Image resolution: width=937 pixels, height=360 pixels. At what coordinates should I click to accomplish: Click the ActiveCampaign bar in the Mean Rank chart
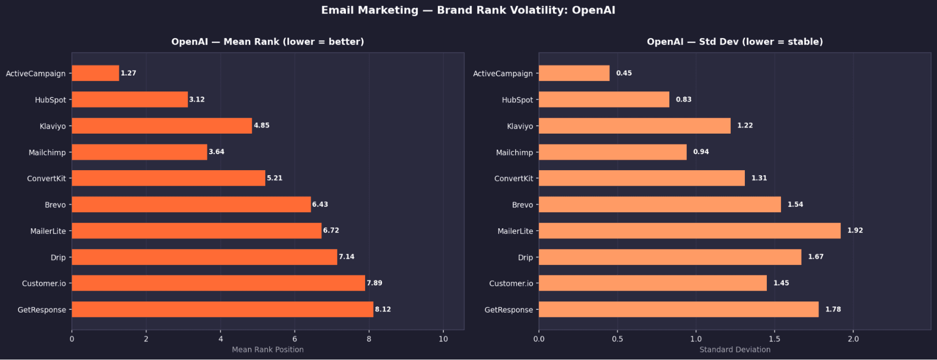[95, 73]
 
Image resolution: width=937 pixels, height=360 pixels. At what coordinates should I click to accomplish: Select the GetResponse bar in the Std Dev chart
[678, 309]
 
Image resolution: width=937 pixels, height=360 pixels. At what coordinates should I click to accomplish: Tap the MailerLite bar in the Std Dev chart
[689, 231]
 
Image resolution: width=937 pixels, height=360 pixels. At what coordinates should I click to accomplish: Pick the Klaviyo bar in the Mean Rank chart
[162, 126]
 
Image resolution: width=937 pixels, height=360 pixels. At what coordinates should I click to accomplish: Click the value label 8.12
[383, 309]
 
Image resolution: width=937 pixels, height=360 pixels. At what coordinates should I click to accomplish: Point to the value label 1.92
[855, 231]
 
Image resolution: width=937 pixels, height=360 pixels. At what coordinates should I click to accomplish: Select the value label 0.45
[624, 73]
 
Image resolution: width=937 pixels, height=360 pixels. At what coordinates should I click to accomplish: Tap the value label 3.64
[217, 152]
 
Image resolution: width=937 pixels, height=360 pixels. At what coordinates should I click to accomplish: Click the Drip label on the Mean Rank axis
[58, 257]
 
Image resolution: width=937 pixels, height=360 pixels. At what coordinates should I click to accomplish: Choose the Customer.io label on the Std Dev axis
[511, 284]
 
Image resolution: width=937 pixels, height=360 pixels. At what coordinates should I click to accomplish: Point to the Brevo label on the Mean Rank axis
[55, 205]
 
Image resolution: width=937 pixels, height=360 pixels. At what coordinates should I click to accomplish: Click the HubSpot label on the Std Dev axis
[517, 100]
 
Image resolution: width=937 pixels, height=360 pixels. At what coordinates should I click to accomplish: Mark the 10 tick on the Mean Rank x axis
[443, 339]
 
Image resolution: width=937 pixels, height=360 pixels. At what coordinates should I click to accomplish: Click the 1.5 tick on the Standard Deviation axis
[774, 339]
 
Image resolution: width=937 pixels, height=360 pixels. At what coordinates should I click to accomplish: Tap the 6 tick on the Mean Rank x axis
[295, 339]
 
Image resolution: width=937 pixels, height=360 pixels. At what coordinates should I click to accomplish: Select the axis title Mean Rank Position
[268, 350]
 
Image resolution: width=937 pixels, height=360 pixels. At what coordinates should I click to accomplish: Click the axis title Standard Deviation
[735, 350]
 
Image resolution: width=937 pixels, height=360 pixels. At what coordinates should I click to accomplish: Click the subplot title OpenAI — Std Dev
[735, 42]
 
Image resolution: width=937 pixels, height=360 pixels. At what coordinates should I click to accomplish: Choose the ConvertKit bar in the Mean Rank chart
[168, 178]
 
